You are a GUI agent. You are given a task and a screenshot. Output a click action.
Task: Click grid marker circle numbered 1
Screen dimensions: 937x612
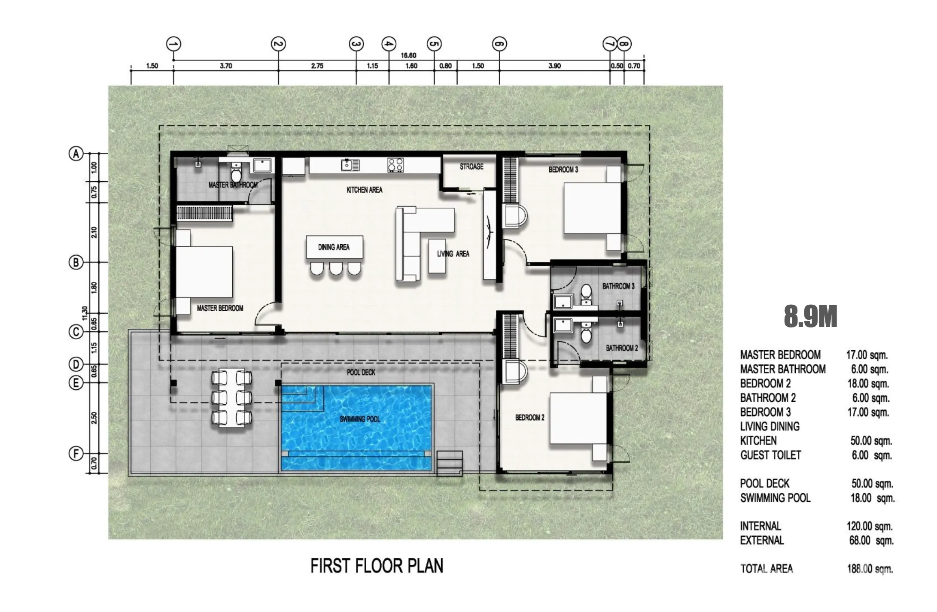[x=173, y=44]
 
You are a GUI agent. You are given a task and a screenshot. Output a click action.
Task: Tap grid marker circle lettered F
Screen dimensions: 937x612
[x=76, y=454]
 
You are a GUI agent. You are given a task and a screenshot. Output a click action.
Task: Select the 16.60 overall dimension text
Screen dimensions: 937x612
[x=408, y=55]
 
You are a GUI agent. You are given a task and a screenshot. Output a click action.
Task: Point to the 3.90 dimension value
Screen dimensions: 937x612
[x=554, y=66]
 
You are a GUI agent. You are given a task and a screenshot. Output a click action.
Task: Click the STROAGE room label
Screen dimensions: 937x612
[x=472, y=167]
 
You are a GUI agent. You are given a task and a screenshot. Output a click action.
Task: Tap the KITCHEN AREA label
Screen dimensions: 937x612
[x=365, y=190]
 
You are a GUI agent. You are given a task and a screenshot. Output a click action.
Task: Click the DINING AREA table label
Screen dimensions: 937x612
[x=334, y=247]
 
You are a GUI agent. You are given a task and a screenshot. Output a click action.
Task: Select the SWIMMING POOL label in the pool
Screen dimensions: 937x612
[x=360, y=419]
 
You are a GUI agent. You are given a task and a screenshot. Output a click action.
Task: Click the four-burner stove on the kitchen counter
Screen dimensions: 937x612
[x=395, y=165]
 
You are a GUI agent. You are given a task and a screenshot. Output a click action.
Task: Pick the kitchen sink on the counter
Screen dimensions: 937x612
[x=350, y=165]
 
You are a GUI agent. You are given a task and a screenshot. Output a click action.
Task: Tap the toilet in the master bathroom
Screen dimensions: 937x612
[x=236, y=172]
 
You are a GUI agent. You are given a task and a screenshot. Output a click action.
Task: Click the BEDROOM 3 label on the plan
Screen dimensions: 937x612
[x=563, y=170]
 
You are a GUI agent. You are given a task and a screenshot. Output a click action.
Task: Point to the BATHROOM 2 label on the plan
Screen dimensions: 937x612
[x=622, y=348]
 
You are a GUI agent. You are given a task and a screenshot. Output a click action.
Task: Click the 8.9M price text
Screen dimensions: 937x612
[x=810, y=317]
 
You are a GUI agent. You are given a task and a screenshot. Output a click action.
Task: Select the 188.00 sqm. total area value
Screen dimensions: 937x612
[x=870, y=569]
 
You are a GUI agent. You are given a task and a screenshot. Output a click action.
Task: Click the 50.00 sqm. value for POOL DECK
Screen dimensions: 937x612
[x=872, y=484]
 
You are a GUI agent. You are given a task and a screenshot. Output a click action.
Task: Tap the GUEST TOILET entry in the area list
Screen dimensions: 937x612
[x=770, y=455]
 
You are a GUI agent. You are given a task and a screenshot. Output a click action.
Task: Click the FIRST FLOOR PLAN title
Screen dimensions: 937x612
[x=377, y=566]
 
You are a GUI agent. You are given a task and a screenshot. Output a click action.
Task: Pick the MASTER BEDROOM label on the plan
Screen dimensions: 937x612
[x=220, y=308]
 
